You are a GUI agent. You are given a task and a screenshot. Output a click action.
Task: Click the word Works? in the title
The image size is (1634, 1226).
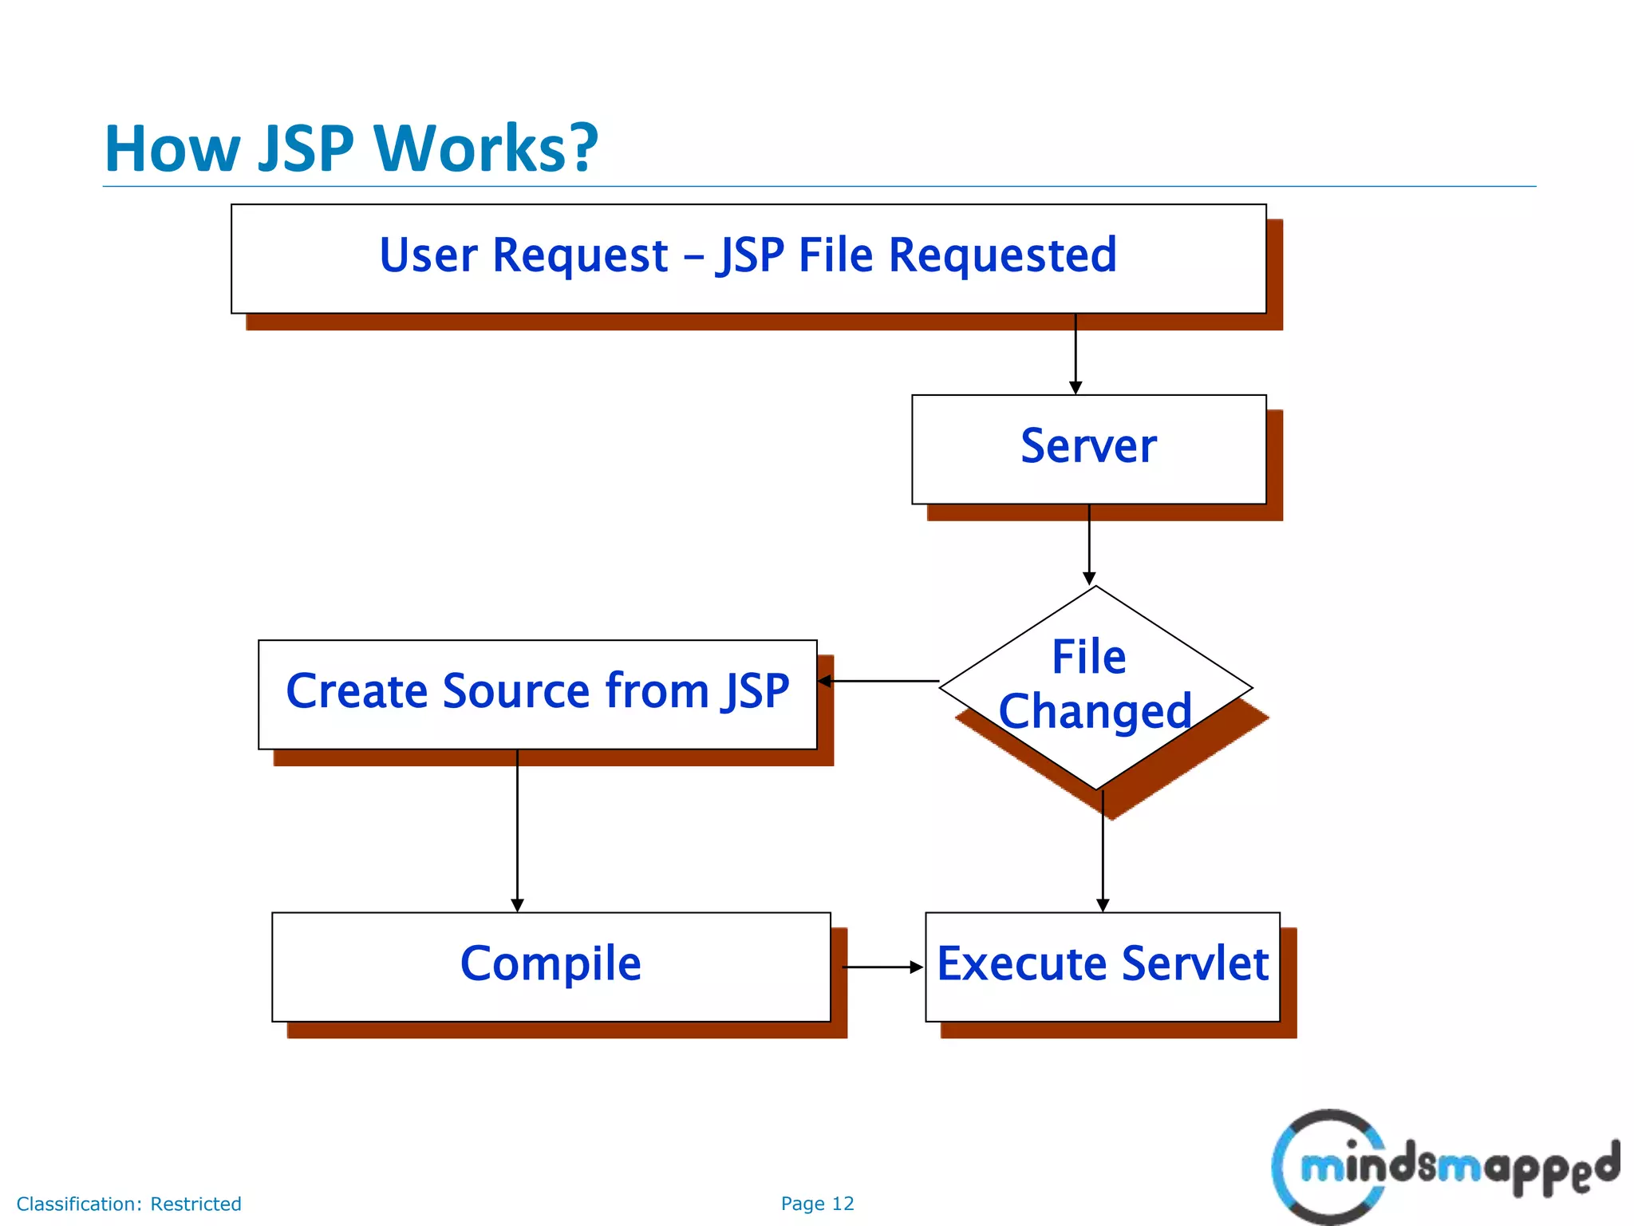coord(486,149)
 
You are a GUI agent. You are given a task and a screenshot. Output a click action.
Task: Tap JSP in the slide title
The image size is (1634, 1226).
coord(306,149)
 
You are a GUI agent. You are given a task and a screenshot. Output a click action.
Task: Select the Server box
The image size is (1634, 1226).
coord(1088,449)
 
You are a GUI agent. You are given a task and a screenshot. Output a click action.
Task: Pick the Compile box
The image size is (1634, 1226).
coord(551,966)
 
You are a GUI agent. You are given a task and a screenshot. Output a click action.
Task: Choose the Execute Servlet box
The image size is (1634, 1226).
coord(1102,966)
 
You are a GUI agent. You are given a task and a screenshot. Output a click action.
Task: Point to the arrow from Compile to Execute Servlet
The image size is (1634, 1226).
coord(882,967)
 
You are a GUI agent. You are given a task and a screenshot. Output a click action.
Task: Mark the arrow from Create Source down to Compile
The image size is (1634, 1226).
coord(517,830)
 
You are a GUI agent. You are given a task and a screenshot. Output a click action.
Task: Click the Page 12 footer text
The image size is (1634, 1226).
coord(817,1204)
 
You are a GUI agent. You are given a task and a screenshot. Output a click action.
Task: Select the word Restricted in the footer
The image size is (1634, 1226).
coord(195,1204)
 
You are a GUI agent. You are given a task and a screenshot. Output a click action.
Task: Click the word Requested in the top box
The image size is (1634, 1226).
coord(1002,255)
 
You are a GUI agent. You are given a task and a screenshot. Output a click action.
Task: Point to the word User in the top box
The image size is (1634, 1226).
coord(428,255)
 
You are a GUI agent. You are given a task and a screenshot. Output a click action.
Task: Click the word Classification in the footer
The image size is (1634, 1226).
coord(79,1204)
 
